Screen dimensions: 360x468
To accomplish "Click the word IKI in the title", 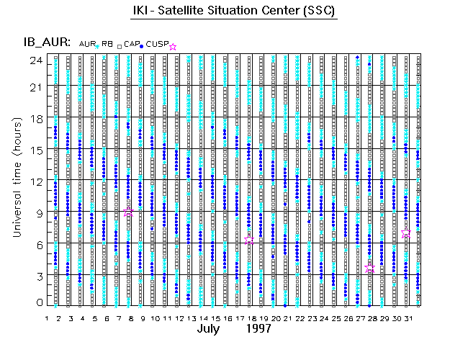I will (141, 12).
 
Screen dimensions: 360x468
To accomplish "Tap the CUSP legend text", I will (158, 45).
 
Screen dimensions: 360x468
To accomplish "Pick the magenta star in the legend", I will (172, 46).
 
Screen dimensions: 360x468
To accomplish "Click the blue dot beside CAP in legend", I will (143, 46).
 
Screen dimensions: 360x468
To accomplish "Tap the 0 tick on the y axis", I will (40, 304).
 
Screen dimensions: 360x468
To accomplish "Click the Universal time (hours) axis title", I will (16, 180).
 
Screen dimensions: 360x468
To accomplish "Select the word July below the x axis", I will (211, 330).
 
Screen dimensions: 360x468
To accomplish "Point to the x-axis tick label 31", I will (407, 318).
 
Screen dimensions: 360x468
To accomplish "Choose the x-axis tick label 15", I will (215, 318).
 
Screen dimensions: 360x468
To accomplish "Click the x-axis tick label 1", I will (48, 318).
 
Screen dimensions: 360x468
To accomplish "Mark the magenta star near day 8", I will (128, 212).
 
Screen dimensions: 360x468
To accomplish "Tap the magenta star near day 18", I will (249, 240).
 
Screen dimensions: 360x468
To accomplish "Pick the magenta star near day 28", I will (370, 268).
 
